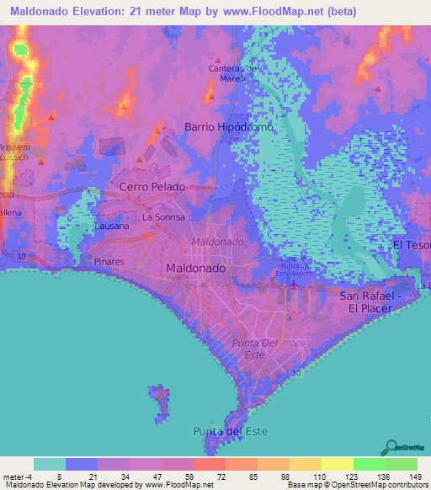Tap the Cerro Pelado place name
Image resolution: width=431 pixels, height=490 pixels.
[x=151, y=186]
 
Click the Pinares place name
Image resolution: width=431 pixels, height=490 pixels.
[x=109, y=262]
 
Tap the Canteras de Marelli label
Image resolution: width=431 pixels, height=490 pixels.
[x=227, y=73]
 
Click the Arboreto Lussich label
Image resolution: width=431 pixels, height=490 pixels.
[x=21, y=153]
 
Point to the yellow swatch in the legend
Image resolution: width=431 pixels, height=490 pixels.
[x=337, y=464]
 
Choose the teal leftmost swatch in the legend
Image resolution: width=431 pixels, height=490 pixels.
[x=49, y=464]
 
